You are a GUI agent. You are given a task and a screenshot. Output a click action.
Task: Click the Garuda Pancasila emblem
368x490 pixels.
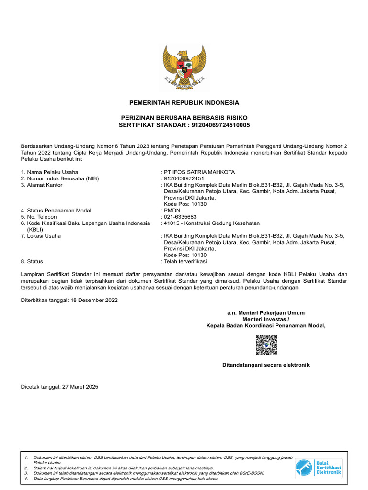(184, 67)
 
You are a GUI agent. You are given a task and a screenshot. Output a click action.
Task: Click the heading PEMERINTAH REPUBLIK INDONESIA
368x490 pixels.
(184, 103)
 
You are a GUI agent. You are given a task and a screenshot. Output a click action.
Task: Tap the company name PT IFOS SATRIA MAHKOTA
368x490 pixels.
(199, 172)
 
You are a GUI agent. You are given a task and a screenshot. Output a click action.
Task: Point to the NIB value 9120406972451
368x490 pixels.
(184, 178)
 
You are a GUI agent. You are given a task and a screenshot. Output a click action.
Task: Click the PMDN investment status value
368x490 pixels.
(172, 210)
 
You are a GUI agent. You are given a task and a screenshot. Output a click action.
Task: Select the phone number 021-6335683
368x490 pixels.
(180, 216)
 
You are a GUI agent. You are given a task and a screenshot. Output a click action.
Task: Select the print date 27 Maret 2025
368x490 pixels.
(80, 386)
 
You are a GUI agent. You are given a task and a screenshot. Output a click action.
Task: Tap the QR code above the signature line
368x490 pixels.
(266, 345)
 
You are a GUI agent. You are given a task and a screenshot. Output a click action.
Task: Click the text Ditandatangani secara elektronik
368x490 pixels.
(265, 365)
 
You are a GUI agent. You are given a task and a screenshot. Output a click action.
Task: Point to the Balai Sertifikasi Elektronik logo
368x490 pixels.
(318, 467)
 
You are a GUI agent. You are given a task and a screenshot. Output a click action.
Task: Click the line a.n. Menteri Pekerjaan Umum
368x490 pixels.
(265, 313)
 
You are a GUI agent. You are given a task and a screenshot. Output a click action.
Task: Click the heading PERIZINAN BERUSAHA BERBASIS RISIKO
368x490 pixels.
(184, 118)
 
